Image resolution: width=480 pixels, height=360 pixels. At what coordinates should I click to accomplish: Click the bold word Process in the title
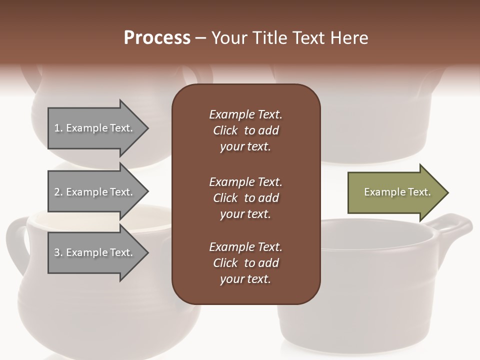click(157, 38)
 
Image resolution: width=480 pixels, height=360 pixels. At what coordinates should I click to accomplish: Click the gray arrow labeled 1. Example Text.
click(95, 128)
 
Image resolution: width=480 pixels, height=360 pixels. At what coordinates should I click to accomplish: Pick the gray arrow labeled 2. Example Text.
click(95, 191)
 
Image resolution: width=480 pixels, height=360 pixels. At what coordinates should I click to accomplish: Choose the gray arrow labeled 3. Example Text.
click(95, 252)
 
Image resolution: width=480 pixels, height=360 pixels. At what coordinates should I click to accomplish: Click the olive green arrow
click(395, 192)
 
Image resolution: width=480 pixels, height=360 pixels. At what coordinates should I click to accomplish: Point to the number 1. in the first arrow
click(58, 128)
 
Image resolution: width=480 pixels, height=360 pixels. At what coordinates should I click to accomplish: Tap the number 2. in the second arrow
click(58, 192)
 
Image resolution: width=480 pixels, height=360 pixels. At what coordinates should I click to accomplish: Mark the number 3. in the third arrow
click(58, 252)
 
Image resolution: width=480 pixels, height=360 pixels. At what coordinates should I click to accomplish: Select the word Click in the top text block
click(225, 130)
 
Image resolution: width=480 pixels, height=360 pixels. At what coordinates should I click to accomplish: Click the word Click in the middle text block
click(225, 198)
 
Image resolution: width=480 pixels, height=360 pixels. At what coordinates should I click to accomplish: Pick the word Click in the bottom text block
click(225, 263)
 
